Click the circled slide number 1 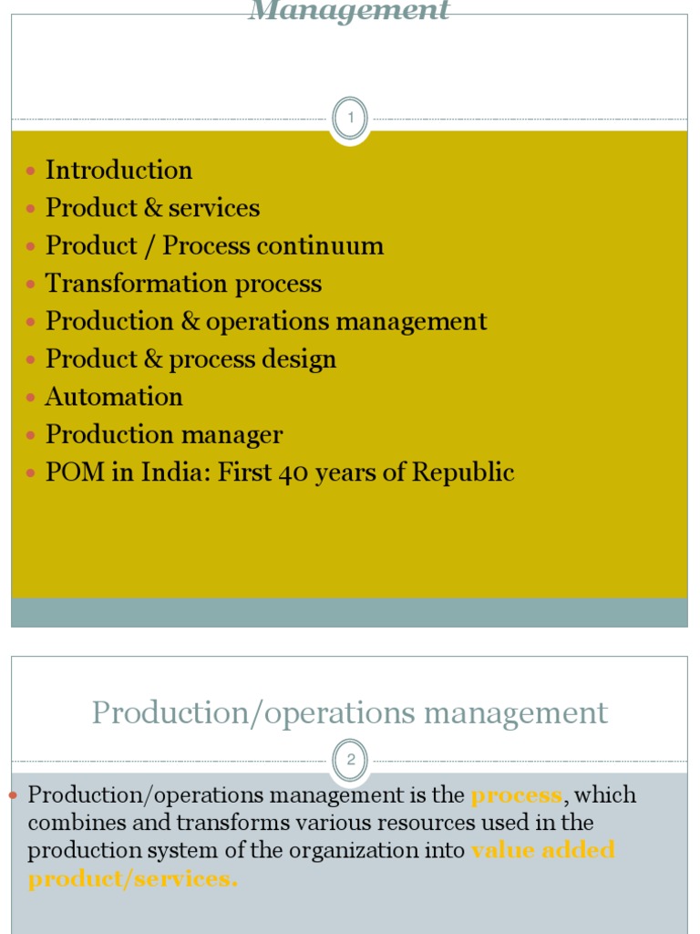pyautogui.click(x=350, y=118)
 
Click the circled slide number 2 pyautogui.click(x=350, y=760)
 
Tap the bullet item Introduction pyautogui.click(x=118, y=171)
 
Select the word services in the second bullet pyautogui.click(x=214, y=208)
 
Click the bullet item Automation pyautogui.click(x=114, y=397)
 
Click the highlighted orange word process pyautogui.click(x=516, y=795)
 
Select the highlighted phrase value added pyautogui.click(x=543, y=851)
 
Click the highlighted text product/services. pyautogui.click(x=132, y=880)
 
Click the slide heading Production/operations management pyautogui.click(x=350, y=712)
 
